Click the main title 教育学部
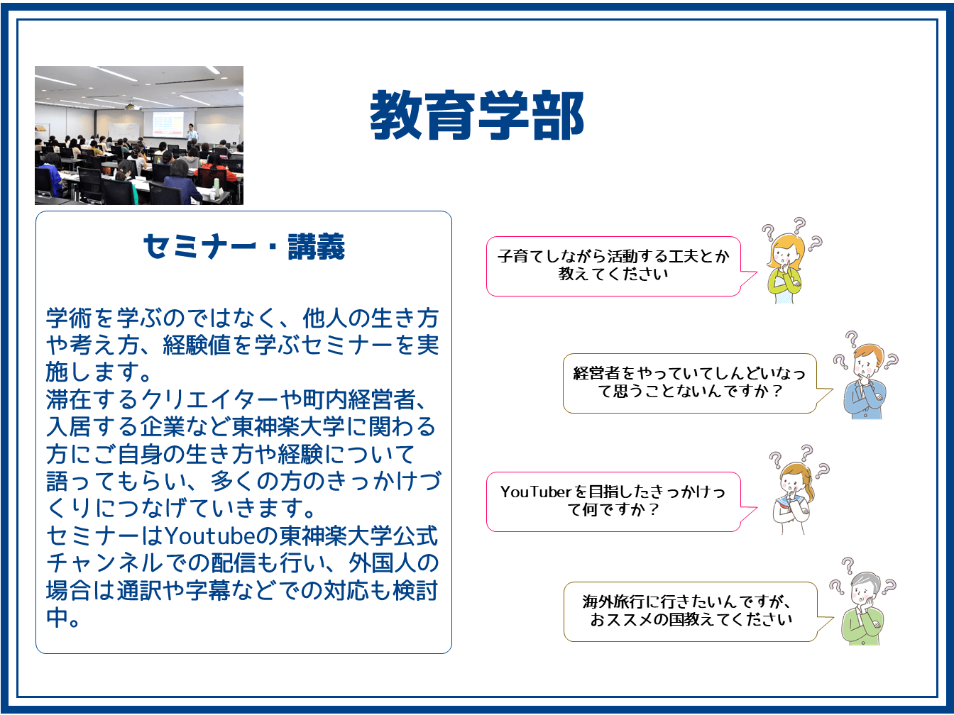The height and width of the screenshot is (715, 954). click(477, 116)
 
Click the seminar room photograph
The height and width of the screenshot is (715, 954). click(139, 135)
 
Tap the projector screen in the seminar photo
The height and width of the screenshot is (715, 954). click(168, 123)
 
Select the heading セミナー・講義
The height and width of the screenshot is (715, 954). click(244, 247)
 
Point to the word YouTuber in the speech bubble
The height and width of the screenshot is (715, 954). click(536, 492)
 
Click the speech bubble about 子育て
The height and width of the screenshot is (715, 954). click(622, 266)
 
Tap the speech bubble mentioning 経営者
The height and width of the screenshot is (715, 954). click(698, 383)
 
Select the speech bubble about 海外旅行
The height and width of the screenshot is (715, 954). click(698, 611)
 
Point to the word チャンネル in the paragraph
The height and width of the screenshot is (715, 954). click(104, 563)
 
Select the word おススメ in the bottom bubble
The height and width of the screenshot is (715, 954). click(627, 620)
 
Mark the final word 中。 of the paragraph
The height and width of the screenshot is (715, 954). click(63, 618)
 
